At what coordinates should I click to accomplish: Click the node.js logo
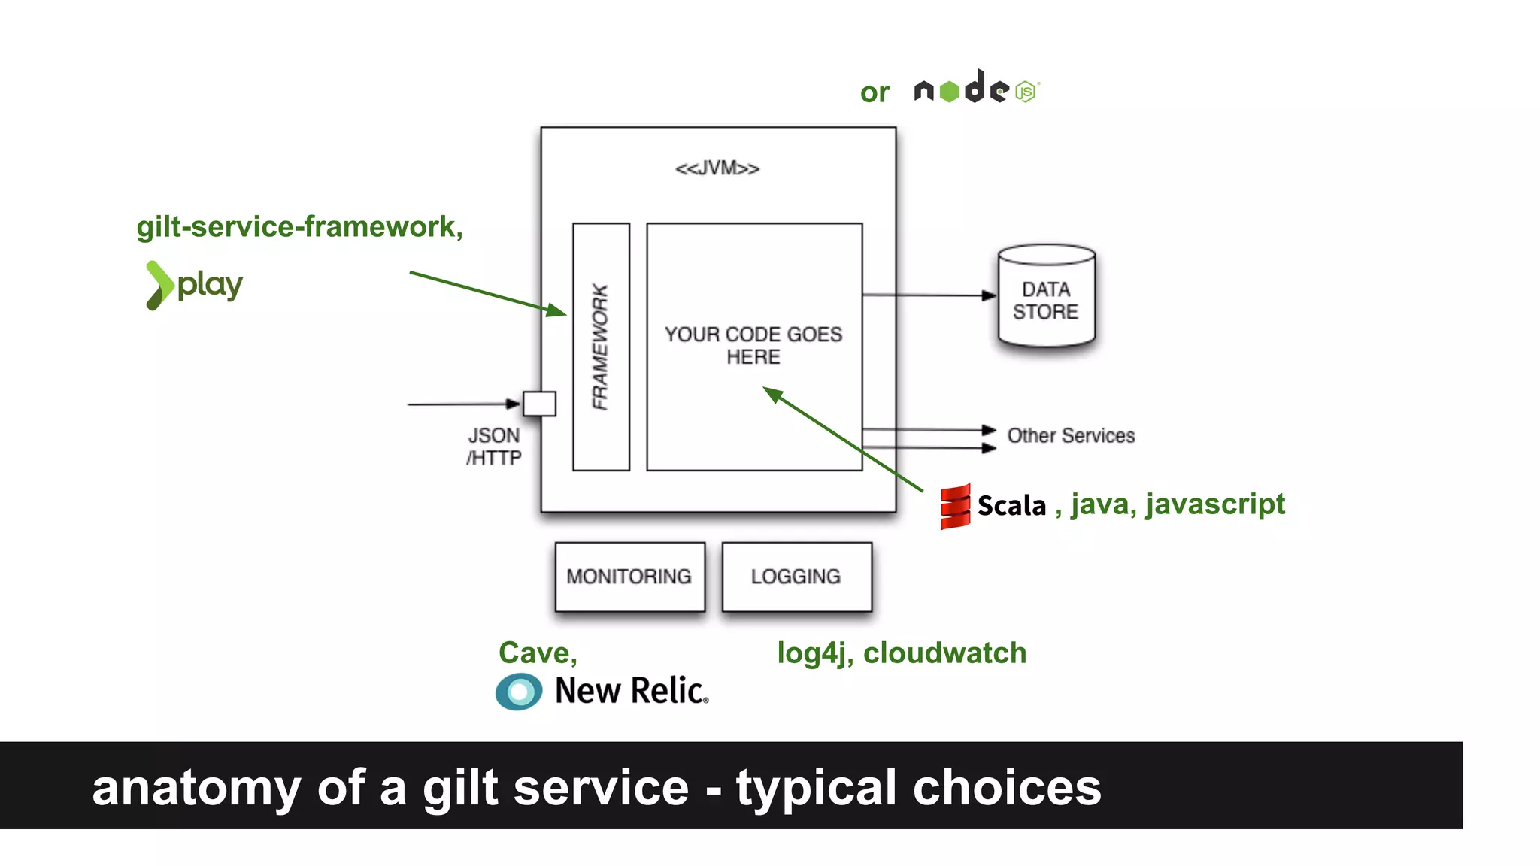point(976,89)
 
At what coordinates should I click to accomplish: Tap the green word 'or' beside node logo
point(875,92)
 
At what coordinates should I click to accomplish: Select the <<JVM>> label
point(717,168)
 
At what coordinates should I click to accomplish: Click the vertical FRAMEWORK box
point(601,347)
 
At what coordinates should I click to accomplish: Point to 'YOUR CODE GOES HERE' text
point(753,345)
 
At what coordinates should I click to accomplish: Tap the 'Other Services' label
point(1071,435)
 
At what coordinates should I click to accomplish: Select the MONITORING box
point(629,577)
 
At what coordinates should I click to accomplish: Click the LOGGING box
point(796,577)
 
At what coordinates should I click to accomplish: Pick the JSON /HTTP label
point(494,447)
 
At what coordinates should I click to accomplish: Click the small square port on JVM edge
point(539,404)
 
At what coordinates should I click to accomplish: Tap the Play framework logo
point(194,285)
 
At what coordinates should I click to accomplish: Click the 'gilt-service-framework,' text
point(299,226)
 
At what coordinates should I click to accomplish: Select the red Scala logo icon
point(955,507)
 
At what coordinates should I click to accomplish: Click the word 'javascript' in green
point(1215,504)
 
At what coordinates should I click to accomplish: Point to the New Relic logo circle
point(519,692)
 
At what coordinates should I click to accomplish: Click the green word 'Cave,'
point(538,653)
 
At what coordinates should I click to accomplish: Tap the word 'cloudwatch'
point(944,653)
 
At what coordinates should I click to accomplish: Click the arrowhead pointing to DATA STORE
point(989,295)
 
